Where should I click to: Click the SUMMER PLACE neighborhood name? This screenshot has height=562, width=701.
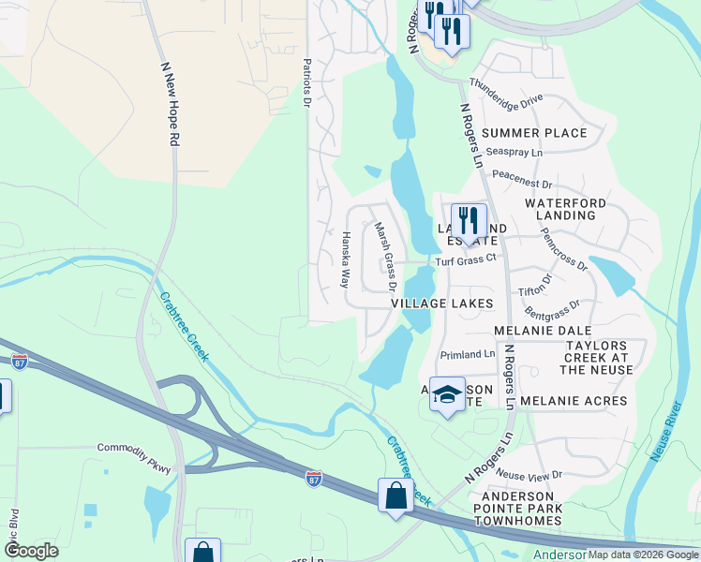[534, 133]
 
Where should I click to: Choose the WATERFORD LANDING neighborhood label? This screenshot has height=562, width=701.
[566, 209]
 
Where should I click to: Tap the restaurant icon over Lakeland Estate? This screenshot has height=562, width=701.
[470, 221]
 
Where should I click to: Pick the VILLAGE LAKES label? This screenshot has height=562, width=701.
[441, 304]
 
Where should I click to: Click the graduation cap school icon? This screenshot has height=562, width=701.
[448, 394]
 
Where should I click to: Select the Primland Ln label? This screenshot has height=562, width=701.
[469, 354]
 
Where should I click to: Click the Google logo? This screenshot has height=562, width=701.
[31, 550]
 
